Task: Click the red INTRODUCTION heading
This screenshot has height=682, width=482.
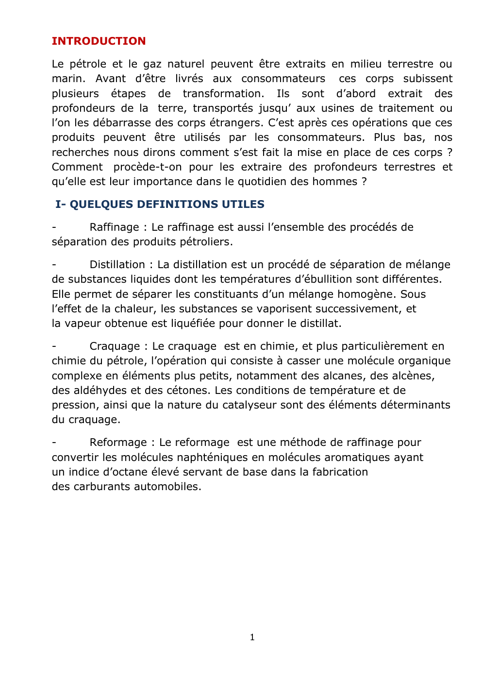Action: point(99,41)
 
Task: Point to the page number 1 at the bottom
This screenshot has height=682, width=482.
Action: point(252,637)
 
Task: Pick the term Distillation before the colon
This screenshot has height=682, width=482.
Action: point(117,265)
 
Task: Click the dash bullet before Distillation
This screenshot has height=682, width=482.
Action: point(54,265)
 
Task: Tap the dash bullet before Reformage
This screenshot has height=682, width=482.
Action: point(54,443)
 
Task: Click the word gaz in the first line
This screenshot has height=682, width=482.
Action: point(152,64)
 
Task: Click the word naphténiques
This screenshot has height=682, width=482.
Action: point(219,458)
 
